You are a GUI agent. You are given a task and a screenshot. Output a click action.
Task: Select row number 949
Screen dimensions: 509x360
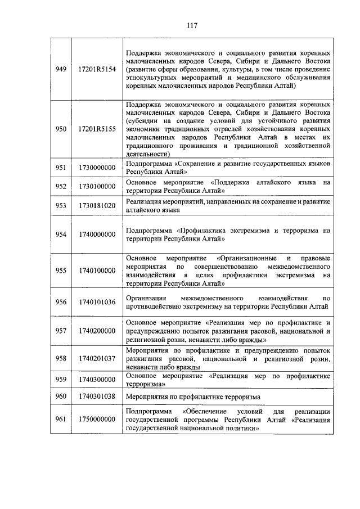pyautogui.click(x=61, y=69)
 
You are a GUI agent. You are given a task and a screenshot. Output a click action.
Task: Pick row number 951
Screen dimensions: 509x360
pyautogui.click(x=61, y=168)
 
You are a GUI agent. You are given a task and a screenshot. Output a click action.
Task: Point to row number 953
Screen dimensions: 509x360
pyautogui.click(x=61, y=206)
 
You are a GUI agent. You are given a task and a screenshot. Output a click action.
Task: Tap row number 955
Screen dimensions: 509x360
pyautogui.click(x=61, y=271)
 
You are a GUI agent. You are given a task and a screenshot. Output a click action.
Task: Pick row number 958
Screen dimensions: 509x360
pyautogui.click(x=61, y=358)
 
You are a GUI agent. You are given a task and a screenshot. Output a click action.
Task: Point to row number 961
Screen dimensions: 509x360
pyautogui.click(x=61, y=420)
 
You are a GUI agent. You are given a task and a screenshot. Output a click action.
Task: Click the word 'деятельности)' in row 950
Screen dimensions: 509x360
pyautogui.click(x=148, y=153)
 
